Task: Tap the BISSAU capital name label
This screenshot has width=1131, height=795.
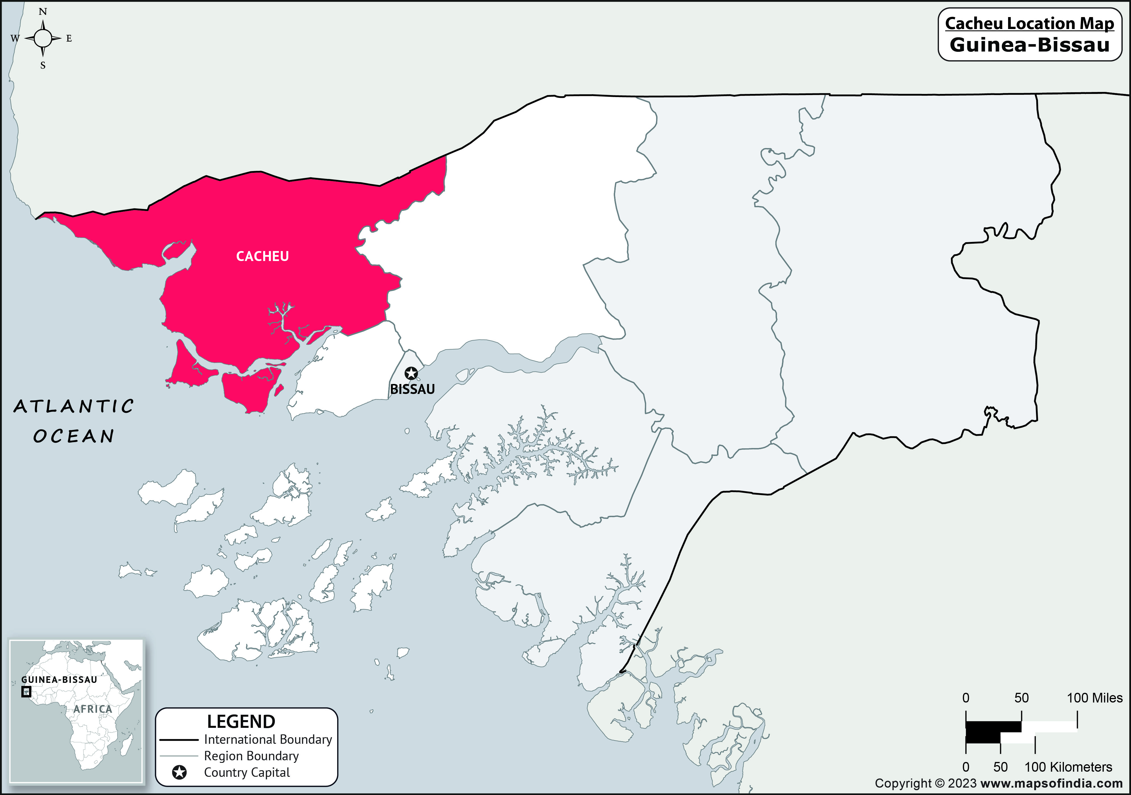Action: (412, 389)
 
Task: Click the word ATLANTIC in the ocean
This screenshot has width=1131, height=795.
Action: (74, 407)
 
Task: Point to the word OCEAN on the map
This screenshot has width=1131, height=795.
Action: (74, 436)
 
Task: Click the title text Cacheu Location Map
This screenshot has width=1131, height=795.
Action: (1029, 23)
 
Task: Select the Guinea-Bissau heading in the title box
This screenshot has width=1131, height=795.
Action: (1029, 45)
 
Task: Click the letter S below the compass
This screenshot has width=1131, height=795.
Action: (43, 65)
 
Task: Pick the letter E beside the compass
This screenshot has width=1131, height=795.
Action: (69, 38)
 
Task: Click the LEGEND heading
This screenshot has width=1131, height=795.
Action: (241, 722)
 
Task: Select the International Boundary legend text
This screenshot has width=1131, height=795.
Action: (268, 739)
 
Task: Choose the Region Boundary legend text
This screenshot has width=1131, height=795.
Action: (251, 756)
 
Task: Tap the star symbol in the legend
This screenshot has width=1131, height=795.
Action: (179, 773)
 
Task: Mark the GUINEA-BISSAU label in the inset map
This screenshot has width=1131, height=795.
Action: (59, 680)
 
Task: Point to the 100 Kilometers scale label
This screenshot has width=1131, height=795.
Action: (1068, 767)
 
